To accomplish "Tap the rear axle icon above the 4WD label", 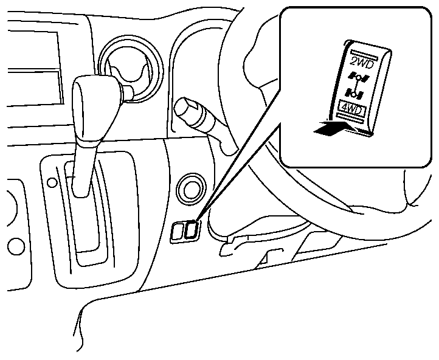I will [x=353, y=92].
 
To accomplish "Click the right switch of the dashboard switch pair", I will [x=192, y=229].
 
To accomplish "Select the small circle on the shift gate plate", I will [x=52, y=181].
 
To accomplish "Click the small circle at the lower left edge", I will [x=15, y=246].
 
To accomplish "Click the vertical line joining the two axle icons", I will [x=356, y=85].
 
